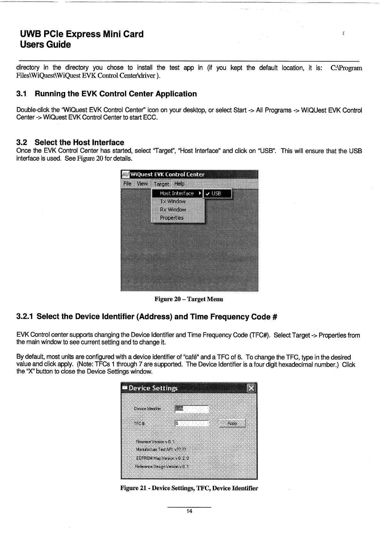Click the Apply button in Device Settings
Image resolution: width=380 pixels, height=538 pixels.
(232, 423)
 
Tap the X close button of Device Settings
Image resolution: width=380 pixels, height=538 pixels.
(252, 388)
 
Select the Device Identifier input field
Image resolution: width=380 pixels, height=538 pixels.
(192, 409)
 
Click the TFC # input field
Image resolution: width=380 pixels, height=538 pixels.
(192, 424)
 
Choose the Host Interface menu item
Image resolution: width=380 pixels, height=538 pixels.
(177, 193)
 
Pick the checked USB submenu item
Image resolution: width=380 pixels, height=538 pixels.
(217, 193)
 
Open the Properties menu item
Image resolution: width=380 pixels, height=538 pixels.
(172, 218)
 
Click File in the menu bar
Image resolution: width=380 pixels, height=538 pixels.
(127, 183)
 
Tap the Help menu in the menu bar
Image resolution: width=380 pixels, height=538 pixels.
(179, 184)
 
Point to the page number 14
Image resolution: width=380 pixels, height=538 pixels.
(189, 511)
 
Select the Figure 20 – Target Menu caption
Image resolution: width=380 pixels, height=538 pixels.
(189, 299)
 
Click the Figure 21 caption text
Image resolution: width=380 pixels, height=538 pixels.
(189, 488)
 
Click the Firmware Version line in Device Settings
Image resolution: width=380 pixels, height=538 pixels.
(155, 442)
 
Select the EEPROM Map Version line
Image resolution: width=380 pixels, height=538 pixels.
(162, 458)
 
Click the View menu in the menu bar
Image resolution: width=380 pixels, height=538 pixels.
(142, 183)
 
